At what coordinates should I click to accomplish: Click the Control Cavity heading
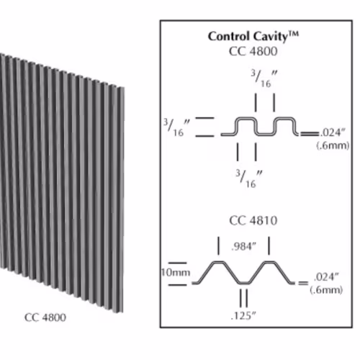click(253, 37)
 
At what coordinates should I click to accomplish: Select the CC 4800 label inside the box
click(253, 51)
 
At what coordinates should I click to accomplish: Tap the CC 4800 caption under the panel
click(45, 318)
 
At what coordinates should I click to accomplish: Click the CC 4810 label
click(253, 220)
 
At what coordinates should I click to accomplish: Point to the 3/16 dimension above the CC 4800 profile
click(264, 78)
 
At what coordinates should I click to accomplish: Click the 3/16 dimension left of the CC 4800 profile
click(176, 127)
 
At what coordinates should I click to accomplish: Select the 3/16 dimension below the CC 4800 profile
click(249, 179)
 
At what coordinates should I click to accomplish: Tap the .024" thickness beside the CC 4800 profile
click(333, 132)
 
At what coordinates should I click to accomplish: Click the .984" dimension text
click(244, 246)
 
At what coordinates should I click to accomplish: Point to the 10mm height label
click(176, 273)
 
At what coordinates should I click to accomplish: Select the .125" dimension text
click(243, 316)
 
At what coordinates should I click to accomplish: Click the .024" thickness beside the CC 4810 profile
click(326, 277)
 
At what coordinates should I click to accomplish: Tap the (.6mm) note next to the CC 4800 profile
click(333, 145)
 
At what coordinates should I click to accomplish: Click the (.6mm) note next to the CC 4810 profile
click(326, 290)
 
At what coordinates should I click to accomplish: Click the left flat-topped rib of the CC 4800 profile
click(245, 118)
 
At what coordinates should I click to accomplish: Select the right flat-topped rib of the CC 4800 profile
click(284, 118)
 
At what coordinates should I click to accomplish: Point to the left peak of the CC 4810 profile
click(218, 262)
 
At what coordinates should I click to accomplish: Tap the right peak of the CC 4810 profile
click(269, 262)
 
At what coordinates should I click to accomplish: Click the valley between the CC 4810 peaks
click(244, 283)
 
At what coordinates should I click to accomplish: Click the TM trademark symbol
click(293, 34)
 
